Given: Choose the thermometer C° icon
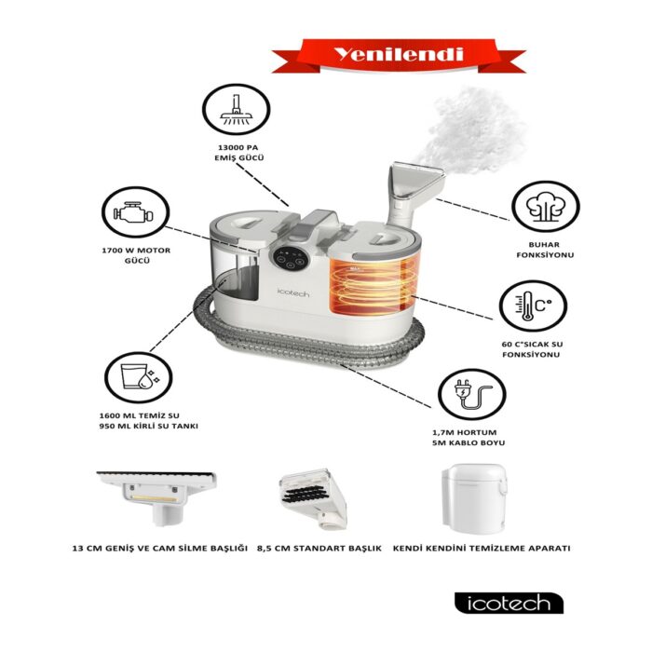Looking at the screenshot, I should [x=527, y=308].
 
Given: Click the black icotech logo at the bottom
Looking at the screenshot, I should [x=509, y=603].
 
